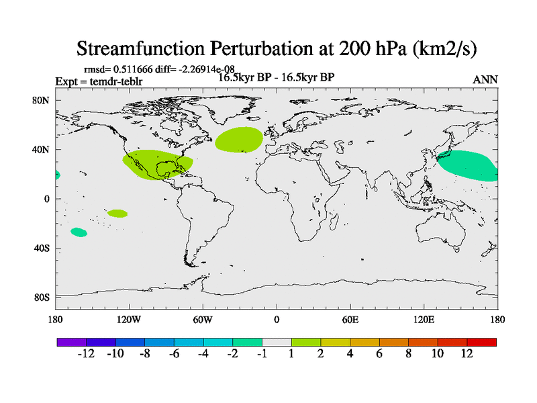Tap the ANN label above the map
point(485,80)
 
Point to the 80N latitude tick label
point(43,100)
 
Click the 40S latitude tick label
point(43,249)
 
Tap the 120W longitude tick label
point(129,319)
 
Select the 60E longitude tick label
point(350,319)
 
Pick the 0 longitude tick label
point(277,319)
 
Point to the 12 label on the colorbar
point(467,355)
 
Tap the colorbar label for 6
point(379,355)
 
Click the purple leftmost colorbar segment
point(71,342)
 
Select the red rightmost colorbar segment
point(481,342)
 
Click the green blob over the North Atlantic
point(239,139)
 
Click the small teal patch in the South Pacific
point(79,232)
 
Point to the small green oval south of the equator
point(117,214)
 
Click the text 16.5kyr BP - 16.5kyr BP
point(277,77)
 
